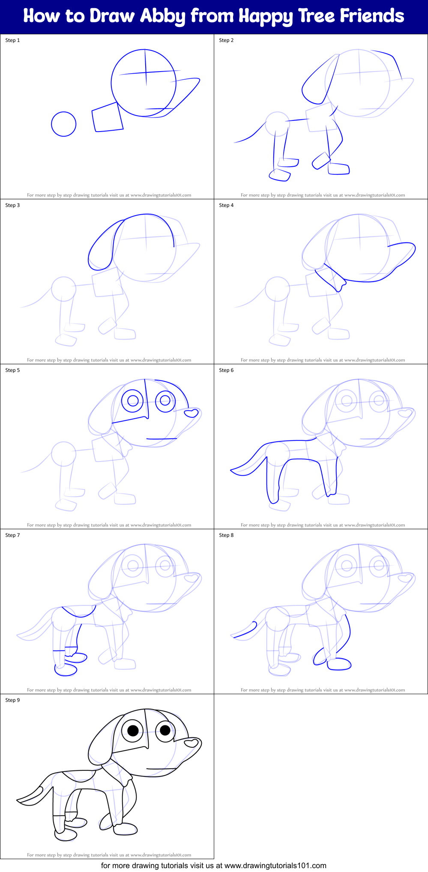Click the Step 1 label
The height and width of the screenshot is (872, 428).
pyautogui.click(x=12, y=40)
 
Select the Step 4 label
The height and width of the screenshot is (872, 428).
pyautogui.click(x=226, y=205)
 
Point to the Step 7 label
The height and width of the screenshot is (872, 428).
pyautogui.click(x=12, y=535)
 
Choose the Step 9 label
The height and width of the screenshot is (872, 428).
pyautogui.click(x=12, y=700)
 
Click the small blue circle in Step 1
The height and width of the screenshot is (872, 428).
pyautogui.click(x=63, y=124)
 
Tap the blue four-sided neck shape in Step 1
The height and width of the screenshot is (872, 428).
pyautogui.click(x=107, y=117)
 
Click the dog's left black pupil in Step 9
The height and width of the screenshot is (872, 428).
pyautogui.click(x=133, y=730)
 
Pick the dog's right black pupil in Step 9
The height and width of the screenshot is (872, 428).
pyautogui.click(x=165, y=730)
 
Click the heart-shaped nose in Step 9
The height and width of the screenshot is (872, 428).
pyautogui.click(x=192, y=742)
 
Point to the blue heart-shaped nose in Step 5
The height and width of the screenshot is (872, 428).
pyautogui.click(x=191, y=413)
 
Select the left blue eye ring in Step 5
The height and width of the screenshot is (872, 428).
pyautogui.click(x=133, y=401)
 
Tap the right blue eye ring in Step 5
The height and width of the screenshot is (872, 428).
pyautogui.click(x=165, y=401)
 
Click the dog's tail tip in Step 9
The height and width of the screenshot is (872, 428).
pyautogui.click(x=20, y=800)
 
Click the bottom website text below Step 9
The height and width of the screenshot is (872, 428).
pyautogui.click(x=213, y=866)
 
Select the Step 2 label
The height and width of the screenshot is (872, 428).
pyautogui.click(x=226, y=40)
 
